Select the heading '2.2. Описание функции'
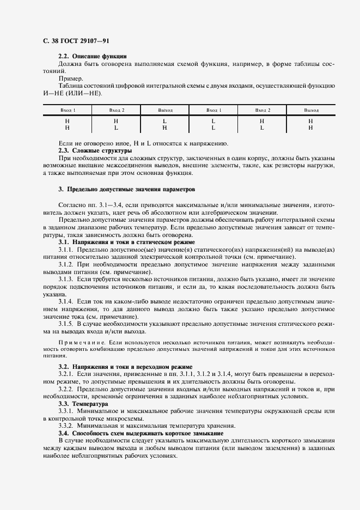[x=93, y=56]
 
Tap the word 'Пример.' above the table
[x=71, y=78]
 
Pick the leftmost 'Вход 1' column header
[x=68, y=110]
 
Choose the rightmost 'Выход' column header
[x=311, y=110]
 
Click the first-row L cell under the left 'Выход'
[x=164, y=121]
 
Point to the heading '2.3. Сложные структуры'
[x=95, y=150]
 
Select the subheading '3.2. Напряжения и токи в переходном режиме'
[x=125, y=366]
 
